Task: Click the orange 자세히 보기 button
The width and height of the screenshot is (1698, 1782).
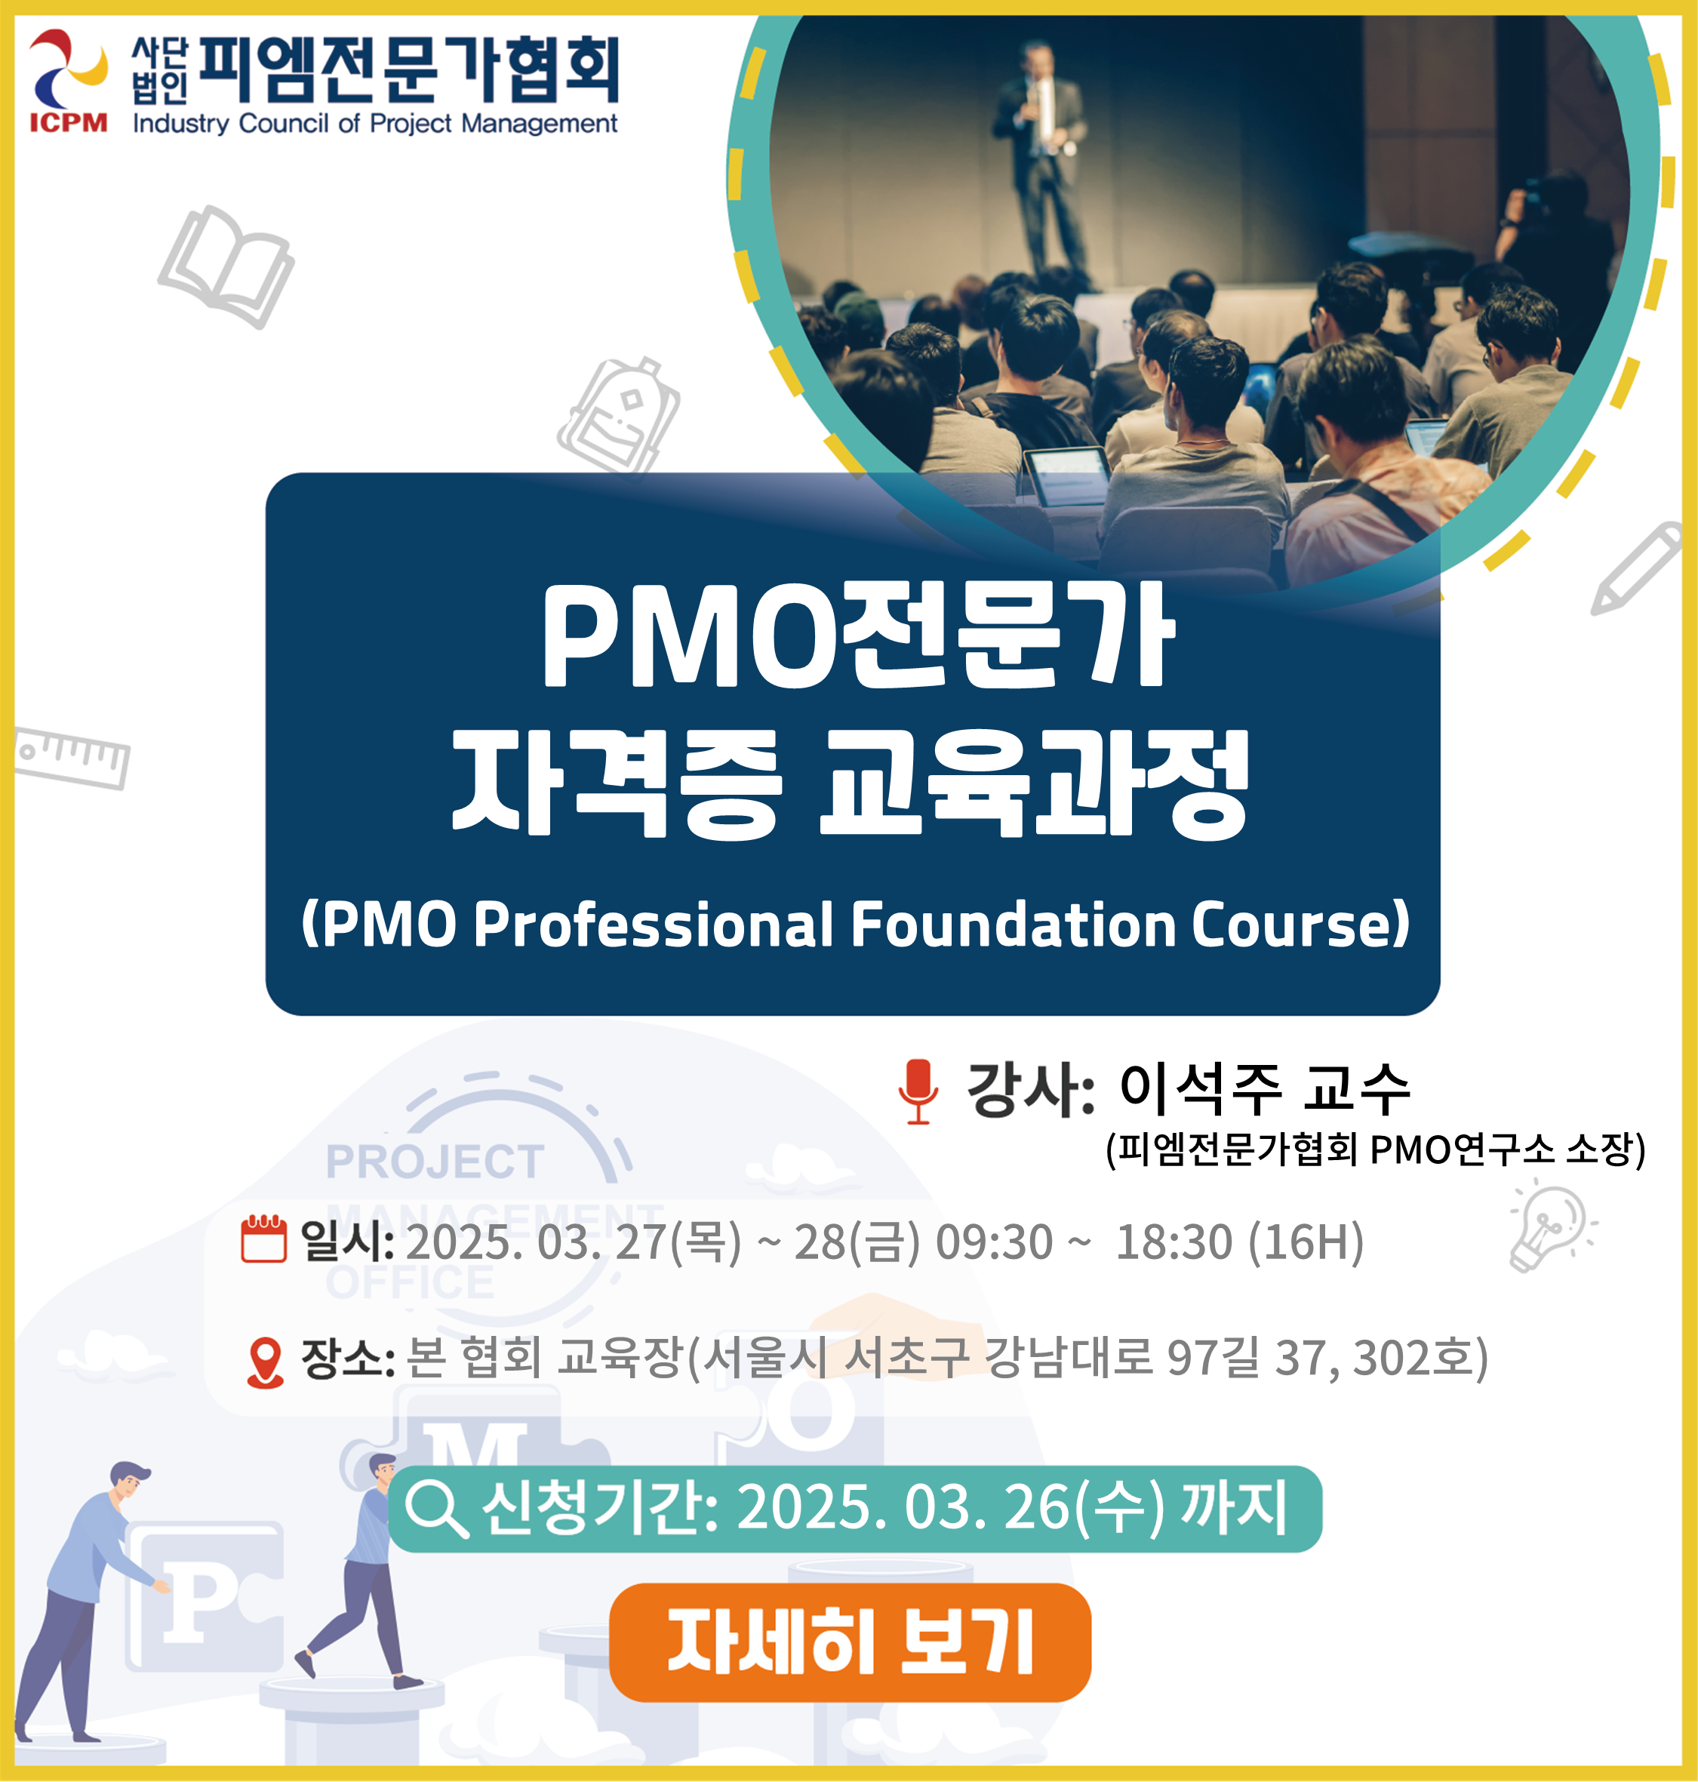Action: [850, 1642]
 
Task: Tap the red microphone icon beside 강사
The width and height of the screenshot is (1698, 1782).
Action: [918, 1091]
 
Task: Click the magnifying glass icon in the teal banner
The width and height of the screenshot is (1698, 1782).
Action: [436, 1510]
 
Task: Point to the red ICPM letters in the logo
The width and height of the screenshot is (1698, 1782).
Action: [69, 122]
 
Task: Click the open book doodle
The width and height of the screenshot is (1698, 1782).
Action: [226, 267]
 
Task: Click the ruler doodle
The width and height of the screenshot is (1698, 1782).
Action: [72, 756]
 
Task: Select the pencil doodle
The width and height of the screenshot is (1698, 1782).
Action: [1636, 568]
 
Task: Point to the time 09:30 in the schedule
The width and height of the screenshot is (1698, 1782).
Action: [994, 1241]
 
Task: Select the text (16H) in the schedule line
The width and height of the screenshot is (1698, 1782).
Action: [1306, 1241]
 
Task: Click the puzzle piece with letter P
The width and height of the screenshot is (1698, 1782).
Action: [205, 1596]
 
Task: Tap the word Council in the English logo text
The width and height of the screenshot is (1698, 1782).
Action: [283, 123]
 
